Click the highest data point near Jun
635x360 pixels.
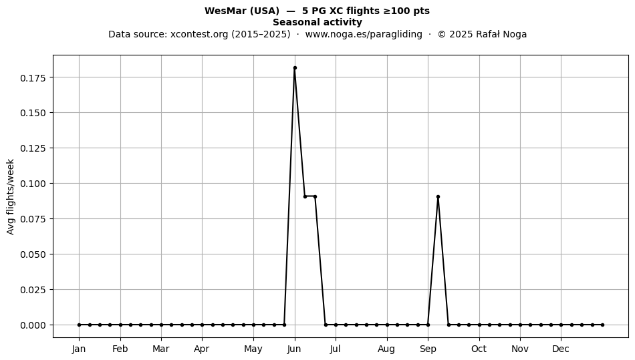(x=295, y=68)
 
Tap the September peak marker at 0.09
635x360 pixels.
(x=438, y=197)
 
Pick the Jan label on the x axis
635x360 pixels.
(x=79, y=349)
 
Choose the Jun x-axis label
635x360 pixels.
(x=294, y=349)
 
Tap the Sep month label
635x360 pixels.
(x=428, y=349)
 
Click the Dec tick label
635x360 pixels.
(x=561, y=349)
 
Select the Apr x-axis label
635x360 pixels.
(x=202, y=349)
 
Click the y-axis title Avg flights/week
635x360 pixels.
(x=11, y=196)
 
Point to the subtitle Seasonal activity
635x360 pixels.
(x=317, y=22)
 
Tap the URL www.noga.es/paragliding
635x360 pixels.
(x=364, y=34)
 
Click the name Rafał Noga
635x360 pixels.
(x=501, y=34)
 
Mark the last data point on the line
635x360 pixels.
(x=603, y=325)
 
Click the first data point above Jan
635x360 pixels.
(x=80, y=325)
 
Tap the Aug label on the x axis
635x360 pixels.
(x=386, y=349)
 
